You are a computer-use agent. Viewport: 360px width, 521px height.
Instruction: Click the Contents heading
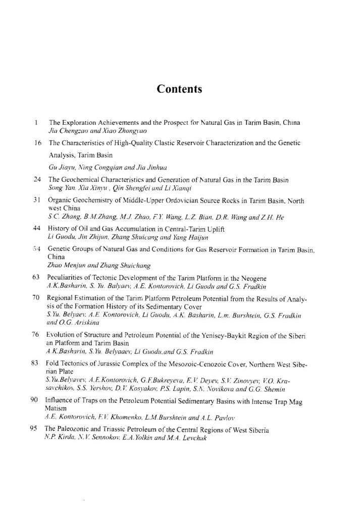pos(179,89)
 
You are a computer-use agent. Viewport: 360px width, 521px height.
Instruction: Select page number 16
pos(37,143)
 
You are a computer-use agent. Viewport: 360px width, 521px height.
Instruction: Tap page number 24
pos(37,179)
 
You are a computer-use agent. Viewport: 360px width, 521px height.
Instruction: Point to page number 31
pos(37,200)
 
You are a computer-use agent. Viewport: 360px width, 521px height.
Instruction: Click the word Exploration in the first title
pos(80,122)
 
